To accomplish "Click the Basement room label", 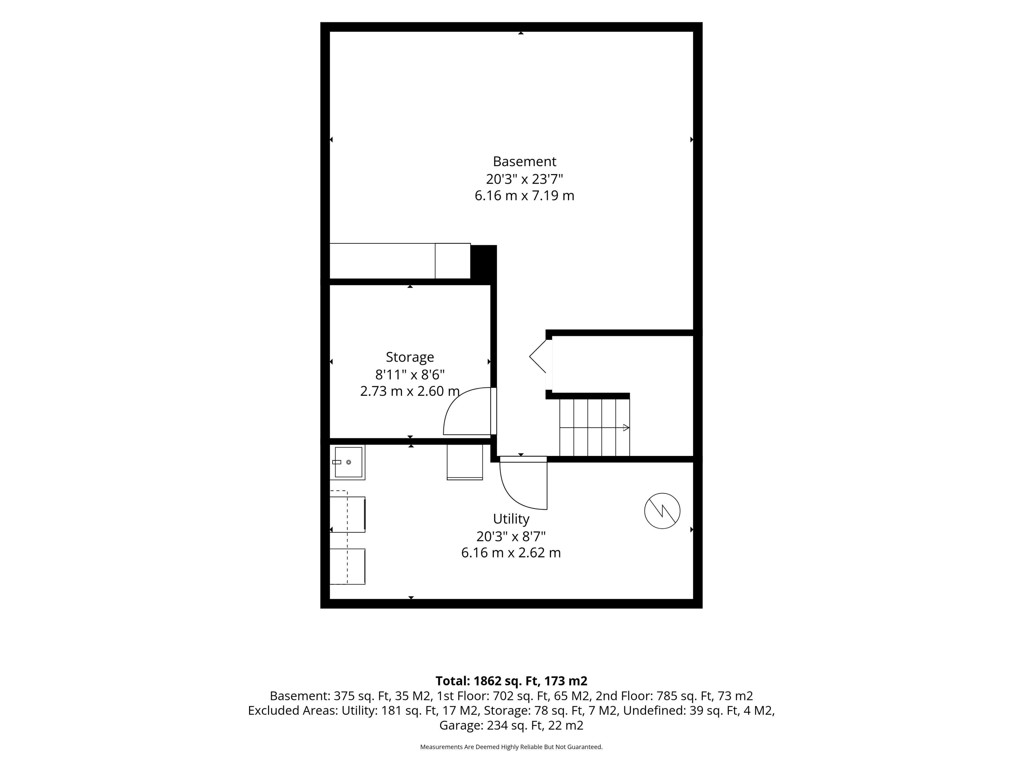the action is [525, 162].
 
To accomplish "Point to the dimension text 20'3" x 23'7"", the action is [525, 179].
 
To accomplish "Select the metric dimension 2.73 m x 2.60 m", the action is [410, 391].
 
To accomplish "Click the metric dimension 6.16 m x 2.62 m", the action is [511, 553].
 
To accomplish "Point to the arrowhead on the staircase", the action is [626, 428].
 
